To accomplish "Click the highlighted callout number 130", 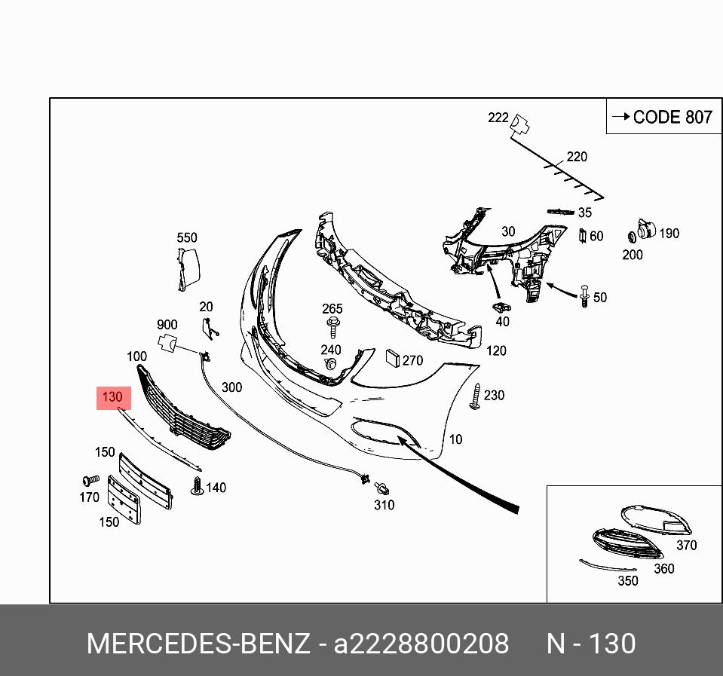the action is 113,397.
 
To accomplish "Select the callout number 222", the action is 498,118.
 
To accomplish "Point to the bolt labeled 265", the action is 332,326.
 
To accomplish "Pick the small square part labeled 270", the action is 392,357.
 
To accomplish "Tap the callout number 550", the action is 187,238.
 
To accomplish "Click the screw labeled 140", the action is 198,486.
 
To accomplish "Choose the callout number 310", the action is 384,505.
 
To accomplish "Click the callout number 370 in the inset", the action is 686,545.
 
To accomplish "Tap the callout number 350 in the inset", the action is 627,580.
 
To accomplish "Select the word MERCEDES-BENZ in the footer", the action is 198,644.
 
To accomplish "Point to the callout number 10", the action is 455,439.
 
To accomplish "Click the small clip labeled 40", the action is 500,307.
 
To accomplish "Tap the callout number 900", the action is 167,325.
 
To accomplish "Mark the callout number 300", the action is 232,387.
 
